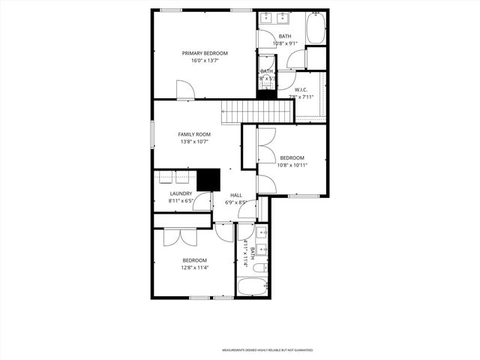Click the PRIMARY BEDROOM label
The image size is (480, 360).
click(x=205, y=53)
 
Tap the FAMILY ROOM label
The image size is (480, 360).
click(x=193, y=133)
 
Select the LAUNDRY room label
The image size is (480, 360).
click(x=181, y=193)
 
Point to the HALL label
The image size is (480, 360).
click(x=236, y=195)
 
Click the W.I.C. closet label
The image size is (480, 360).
click(x=301, y=90)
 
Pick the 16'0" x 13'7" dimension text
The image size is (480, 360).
click(x=205, y=61)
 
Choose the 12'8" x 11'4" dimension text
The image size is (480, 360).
click(x=194, y=268)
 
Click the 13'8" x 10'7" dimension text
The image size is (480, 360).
click(x=193, y=142)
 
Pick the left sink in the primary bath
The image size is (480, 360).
click(x=268, y=16)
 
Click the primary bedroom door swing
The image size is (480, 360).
click(x=185, y=91)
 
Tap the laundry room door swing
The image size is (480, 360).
click(x=202, y=202)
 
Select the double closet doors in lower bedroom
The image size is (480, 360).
click(x=180, y=236)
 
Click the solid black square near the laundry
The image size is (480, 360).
click(x=208, y=180)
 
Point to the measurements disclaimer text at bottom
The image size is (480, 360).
click(x=266, y=350)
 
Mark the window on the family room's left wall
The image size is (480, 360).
click(x=153, y=134)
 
